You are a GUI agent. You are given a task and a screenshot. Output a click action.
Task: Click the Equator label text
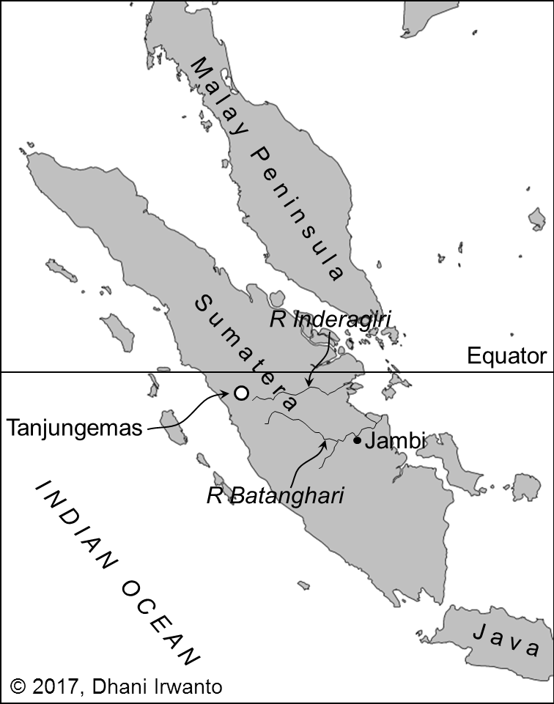(x=507, y=357)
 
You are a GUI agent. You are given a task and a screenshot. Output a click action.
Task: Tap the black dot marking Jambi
(x=357, y=440)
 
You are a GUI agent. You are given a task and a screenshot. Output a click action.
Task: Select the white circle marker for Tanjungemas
(x=240, y=393)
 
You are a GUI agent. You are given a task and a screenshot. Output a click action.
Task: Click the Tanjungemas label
(x=73, y=427)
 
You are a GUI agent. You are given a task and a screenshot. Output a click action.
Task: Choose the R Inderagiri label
(x=330, y=319)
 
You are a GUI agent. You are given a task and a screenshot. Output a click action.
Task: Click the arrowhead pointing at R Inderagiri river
(x=310, y=385)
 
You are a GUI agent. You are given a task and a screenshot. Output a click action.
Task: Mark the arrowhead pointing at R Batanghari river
(x=324, y=440)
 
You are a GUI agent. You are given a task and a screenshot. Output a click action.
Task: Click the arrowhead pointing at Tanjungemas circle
(x=229, y=395)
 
